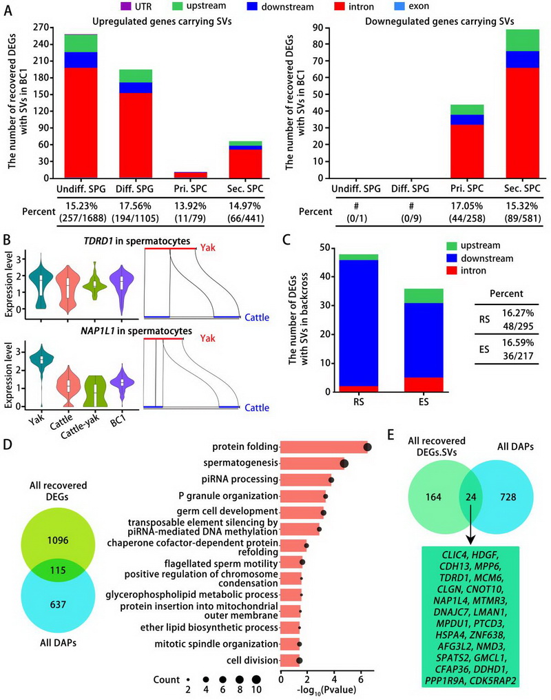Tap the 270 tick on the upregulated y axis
pos(43,28)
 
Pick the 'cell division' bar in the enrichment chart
pos(289,660)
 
